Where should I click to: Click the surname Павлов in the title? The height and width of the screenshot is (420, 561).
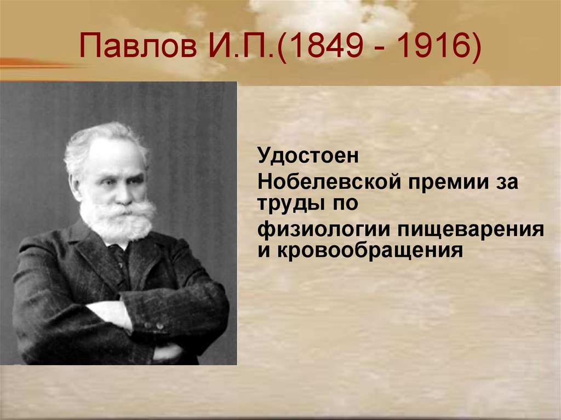click(138, 45)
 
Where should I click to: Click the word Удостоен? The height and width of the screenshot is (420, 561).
click(308, 156)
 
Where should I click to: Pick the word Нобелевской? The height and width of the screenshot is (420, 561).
click(329, 182)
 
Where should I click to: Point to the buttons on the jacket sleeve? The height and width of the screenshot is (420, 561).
click(153, 326)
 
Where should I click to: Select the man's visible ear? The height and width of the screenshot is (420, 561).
click(76, 186)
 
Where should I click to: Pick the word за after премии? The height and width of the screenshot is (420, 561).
click(507, 182)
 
